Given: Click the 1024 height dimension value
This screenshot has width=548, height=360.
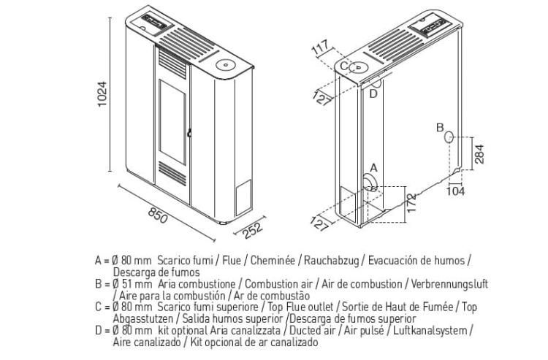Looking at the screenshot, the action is coord(102,94).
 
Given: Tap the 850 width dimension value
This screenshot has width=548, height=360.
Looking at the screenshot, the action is coord(158,215).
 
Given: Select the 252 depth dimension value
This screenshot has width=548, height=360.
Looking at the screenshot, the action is coord(253,231).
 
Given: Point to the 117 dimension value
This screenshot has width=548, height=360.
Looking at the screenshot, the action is coord(321,47).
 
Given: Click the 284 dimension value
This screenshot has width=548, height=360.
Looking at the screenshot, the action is coord(479,154).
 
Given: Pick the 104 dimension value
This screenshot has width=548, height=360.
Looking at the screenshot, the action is coord(456,191).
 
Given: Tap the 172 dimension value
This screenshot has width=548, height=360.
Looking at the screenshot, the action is coord(411,202).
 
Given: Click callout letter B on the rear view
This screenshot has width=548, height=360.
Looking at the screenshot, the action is coord(440,128).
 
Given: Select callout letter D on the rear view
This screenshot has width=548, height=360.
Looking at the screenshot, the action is coord(373,93).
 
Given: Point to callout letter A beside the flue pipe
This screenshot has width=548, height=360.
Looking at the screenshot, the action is coord(373,168).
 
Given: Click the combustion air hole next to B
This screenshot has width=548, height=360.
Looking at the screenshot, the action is coord(449,137).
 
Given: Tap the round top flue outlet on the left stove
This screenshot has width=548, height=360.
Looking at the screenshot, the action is coord(225,64).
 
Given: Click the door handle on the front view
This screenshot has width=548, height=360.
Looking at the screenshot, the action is coord(189,133).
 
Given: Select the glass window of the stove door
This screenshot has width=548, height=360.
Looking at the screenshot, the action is coord(172,122).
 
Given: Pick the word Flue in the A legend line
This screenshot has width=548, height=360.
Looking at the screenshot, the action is coord(232,261).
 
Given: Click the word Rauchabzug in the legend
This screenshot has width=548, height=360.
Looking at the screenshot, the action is coord(331,261).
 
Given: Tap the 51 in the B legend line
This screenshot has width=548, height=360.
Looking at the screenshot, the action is coord(127,284).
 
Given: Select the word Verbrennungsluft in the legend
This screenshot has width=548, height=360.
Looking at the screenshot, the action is coord(449,284).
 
